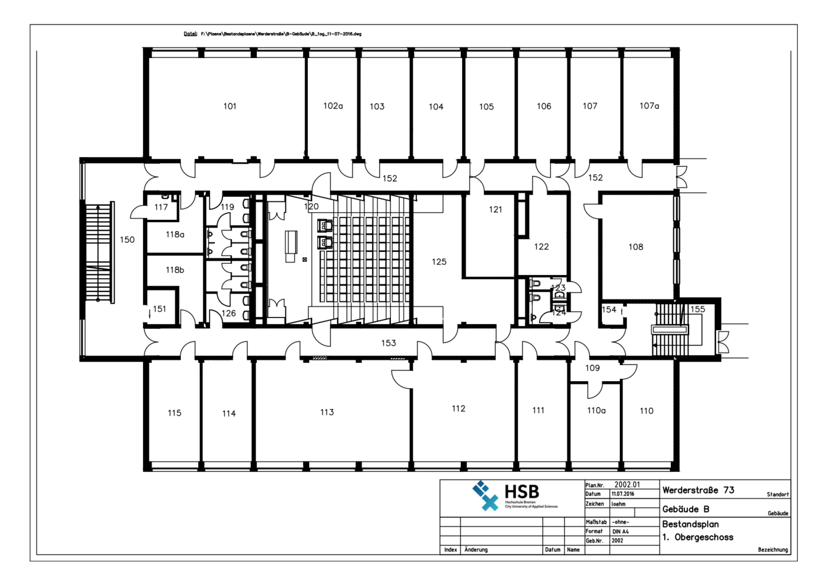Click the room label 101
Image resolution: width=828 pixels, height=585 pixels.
[230, 107]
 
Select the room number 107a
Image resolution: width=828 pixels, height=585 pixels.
[649, 106]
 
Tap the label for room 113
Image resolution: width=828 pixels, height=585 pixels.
[327, 412]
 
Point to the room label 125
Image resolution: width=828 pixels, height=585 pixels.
[439, 262]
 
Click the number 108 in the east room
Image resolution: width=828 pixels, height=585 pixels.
[636, 247]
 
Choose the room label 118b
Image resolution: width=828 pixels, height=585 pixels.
[174, 270]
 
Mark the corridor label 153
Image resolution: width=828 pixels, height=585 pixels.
[388, 343]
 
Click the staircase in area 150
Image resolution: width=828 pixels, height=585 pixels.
[98, 252]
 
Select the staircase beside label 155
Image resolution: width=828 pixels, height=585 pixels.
[670, 330]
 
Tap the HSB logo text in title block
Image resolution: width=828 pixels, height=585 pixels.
[521, 492]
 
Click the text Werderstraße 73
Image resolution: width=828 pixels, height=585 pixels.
[698, 491]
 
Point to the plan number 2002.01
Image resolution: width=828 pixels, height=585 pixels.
[627, 485]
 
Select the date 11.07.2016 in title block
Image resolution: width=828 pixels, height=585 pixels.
[623, 494]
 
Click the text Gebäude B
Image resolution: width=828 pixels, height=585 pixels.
[686, 510]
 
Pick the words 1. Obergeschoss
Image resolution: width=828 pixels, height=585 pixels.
[698, 538]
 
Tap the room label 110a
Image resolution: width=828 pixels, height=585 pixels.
[596, 411]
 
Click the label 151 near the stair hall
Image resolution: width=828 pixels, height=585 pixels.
[160, 309]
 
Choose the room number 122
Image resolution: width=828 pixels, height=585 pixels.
[541, 247]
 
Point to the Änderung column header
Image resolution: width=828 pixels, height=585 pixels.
[476, 550]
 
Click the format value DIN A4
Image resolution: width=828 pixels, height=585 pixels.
[620, 532]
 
